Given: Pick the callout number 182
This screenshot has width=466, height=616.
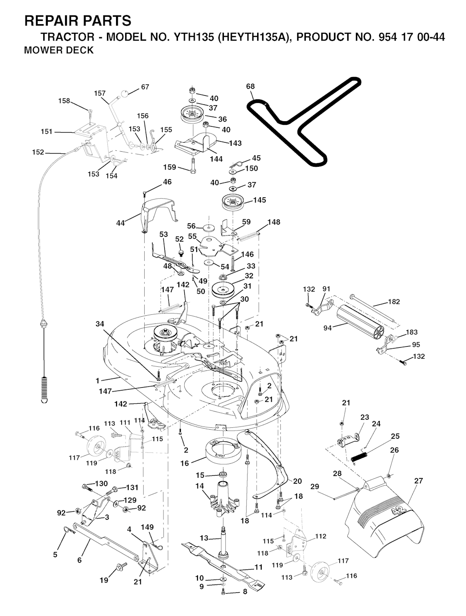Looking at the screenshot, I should pyautogui.click(x=394, y=302).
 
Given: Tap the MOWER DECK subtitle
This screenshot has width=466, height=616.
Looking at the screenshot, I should pyautogui.click(x=58, y=50).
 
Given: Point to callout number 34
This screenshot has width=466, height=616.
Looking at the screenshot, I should pyautogui.click(x=100, y=324).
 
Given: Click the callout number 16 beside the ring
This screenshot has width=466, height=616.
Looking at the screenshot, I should pyautogui.click(x=184, y=463).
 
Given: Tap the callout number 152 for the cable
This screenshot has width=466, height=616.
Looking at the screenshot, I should pyautogui.click(x=38, y=152).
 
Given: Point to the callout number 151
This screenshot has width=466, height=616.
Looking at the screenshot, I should pyautogui.click(x=47, y=132).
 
